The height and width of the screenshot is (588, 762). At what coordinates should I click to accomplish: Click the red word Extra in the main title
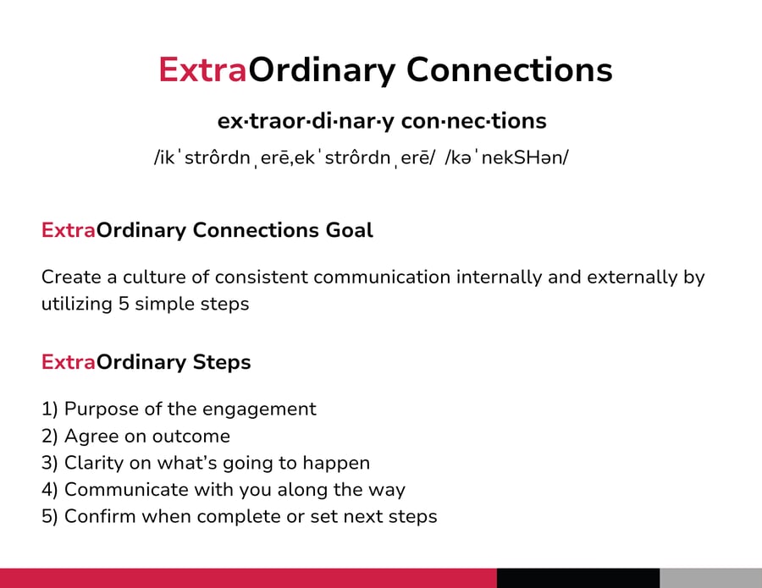[202, 70]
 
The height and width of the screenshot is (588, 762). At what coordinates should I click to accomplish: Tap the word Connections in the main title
[510, 70]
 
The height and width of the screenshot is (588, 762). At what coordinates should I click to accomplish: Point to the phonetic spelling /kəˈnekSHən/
[506, 157]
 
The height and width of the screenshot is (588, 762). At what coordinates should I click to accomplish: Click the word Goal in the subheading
[349, 229]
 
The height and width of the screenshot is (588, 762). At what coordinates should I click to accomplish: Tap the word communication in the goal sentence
[382, 277]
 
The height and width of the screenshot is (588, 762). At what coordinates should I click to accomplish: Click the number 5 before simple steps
[124, 304]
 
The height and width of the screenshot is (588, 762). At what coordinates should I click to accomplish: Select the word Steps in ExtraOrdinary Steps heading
[222, 363]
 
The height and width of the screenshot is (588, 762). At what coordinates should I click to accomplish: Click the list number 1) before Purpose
[50, 409]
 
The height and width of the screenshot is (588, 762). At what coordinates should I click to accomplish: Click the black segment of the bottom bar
[578, 578]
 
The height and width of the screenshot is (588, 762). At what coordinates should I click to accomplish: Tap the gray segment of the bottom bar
[711, 578]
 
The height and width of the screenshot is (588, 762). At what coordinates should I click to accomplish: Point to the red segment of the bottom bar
[248, 578]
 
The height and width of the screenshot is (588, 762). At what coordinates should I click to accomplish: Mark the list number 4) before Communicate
[50, 489]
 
